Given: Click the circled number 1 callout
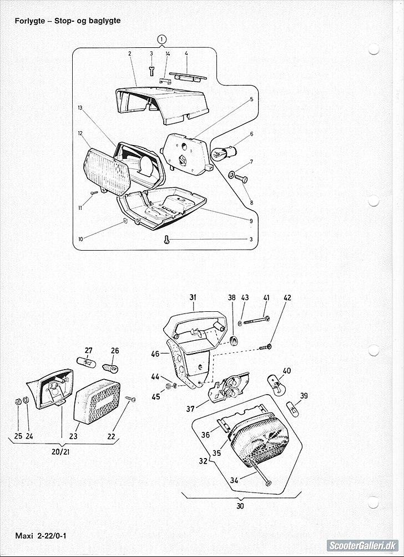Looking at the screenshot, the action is [x=161, y=39].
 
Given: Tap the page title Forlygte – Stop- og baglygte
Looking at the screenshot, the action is [x=68, y=21].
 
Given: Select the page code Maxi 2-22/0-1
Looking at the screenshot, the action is [x=41, y=535].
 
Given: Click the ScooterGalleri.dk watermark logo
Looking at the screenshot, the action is [x=362, y=545].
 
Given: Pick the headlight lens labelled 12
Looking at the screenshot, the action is [x=107, y=172].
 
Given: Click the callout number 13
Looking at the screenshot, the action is [x=80, y=107].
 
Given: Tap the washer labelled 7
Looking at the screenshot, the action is [x=231, y=175].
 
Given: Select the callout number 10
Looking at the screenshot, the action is [x=80, y=239].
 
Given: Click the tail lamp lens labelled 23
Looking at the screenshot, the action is [x=97, y=401].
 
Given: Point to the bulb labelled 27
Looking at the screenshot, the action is [x=84, y=362].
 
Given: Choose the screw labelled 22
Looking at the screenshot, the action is [x=130, y=400].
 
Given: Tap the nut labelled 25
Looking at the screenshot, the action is [x=18, y=401].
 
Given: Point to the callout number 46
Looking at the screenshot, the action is [x=155, y=354].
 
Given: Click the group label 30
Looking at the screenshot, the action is [x=240, y=506].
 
